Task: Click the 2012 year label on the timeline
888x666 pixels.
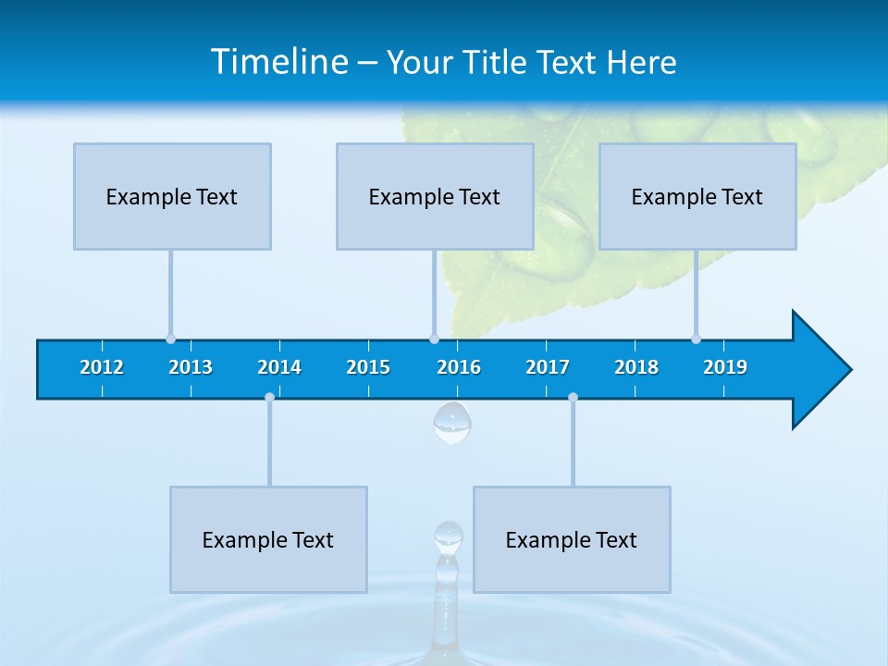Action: point(102,367)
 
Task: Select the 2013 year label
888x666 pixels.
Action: point(191,367)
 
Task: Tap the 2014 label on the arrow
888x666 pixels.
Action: point(279,367)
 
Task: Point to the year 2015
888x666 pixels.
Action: point(368,367)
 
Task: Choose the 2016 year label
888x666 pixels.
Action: point(459,367)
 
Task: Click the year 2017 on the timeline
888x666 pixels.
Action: point(548,367)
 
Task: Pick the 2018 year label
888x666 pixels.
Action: point(636,367)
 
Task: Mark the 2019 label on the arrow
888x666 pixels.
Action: point(725,367)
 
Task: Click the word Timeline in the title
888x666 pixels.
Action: point(279,61)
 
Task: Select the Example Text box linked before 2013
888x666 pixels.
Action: point(172,196)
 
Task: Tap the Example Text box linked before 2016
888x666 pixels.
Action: point(435,196)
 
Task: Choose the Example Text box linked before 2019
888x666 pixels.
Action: point(697,196)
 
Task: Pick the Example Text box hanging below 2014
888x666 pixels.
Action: point(268,539)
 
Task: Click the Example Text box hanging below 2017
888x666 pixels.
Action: point(572,539)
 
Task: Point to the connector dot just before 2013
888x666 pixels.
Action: point(170,339)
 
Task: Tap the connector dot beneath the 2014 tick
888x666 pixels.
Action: point(269,397)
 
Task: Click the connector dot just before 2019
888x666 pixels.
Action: point(696,339)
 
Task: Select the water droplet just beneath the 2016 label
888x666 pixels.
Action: point(452,423)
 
